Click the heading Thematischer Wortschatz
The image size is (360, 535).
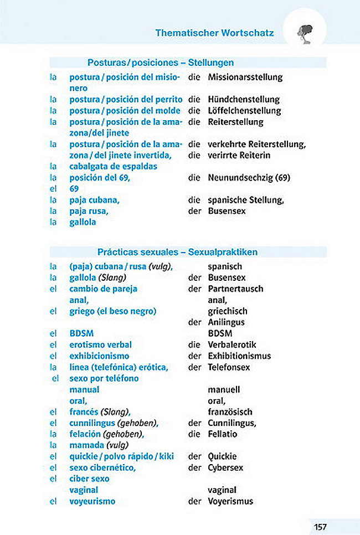click(214, 33)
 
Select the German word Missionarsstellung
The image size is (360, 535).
click(245, 77)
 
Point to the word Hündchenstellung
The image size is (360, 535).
click(244, 100)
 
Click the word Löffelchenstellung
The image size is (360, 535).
click(244, 111)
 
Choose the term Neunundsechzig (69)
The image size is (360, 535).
click(249, 178)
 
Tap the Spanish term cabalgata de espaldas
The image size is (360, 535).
click(113, 166)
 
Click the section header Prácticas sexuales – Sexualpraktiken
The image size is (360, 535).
click(177, 252)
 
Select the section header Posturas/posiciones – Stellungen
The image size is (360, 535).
click(161, 63)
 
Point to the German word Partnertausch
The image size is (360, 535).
click(235, 289)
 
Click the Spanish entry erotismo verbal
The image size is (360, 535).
click(100, 344)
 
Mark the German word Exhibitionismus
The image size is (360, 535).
click(239, 356)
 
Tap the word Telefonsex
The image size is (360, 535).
click(229, 367)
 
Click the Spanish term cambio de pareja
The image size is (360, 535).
click(103, 289)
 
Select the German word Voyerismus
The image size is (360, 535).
click(230, 501)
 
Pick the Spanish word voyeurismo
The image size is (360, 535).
click(92, 501)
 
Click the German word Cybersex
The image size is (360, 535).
click(225, 467)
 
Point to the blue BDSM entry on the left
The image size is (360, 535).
click(81, 333)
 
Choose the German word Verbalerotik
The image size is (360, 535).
click(233, 344)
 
